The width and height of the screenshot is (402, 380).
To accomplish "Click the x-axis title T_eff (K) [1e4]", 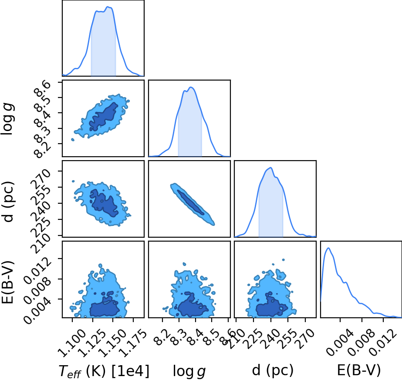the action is tap(104, 371).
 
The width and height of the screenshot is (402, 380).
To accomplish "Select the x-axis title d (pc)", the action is tap(273, 370).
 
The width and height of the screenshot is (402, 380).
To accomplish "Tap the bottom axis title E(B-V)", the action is tap(359, 370).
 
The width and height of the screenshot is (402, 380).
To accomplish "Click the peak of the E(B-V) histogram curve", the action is tap(328, 248).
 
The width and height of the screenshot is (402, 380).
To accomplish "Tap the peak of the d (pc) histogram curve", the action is tap(270, 168).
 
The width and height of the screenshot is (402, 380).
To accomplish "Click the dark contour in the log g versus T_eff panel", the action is tap(104, 117).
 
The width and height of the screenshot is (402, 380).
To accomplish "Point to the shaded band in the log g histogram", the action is tap(190, 123).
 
